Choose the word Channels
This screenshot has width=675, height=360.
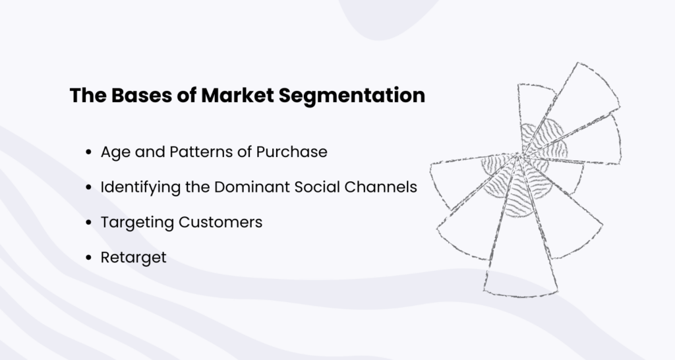pos(383,187)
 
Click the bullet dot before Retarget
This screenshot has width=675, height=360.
pos(88,258)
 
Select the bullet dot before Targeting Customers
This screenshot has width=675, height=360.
pos(88,223)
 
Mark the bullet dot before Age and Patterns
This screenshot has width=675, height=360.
pos(88,152)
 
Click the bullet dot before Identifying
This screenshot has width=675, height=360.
pos(88,187)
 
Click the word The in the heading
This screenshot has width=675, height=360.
pos(84,96)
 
